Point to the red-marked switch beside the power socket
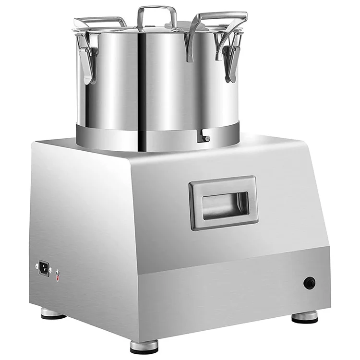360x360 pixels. (58, 276)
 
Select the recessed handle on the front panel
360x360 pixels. (224, 202)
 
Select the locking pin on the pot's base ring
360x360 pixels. (205, 138)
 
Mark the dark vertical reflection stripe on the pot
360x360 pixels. (142, 82)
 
